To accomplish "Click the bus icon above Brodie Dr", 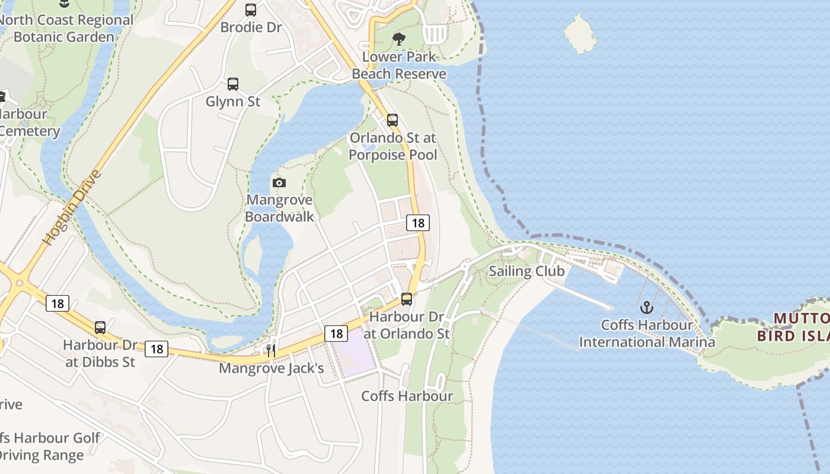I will [x=251, y=9].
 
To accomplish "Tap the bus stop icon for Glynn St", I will [x=233, y=84].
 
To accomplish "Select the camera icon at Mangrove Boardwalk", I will [x=279, y=182].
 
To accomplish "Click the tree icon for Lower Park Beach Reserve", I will [x=399, y=40].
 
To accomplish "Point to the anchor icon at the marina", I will [x=646, y=308].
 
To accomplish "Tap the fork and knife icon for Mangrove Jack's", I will [x=271, y=351].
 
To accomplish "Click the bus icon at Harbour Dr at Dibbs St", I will [x=100, y=327].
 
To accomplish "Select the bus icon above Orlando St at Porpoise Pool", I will [x=392, y=120].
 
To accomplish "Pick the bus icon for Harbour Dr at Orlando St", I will [x=406, y=299].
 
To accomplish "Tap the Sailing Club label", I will [x=526, y=271].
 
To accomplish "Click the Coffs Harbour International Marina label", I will [x=646, y=334].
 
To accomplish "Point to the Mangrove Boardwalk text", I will [x=279, y=208].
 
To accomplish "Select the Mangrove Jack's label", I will [x=271, y=369].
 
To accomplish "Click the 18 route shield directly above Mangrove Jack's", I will [x=336, y=334].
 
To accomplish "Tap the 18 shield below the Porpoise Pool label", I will [x=417, y=223].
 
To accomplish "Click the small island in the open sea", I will [x=579, y=33].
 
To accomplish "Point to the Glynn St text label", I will [x=233, y=102].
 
